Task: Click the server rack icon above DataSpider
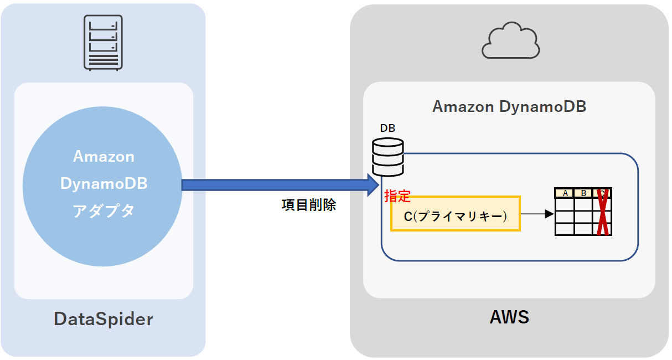pyautogui.click(x=103, y=42)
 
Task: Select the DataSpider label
pyautogui.click(x=103, y=319)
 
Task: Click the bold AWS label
pyautogui.click(x=509, y=317)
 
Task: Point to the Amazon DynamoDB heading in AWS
pyautogui.click(x=509, y=106)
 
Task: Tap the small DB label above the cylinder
pyautogui.click(x=387, y=128)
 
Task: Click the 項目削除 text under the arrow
pyautogui.click(x=308, y=205)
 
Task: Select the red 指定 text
pyautogui.click(x=397, y=196)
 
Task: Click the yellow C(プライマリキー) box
pyautogui.click(x=455, y=213)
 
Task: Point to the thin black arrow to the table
pyautogui.click(x=537, y=214)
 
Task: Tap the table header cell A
pyautogui.click(x=565, y=193)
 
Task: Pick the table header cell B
pyautogui.click(x=583, y=193)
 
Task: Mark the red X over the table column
pyautogui.click(x=602, y=212)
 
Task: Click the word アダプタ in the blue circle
pyautogui.click(x=104, y=211)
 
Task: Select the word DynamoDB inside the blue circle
pyautogui.click(x=104, y=184)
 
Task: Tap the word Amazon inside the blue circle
pyautogui.click(x=104, y=157)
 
